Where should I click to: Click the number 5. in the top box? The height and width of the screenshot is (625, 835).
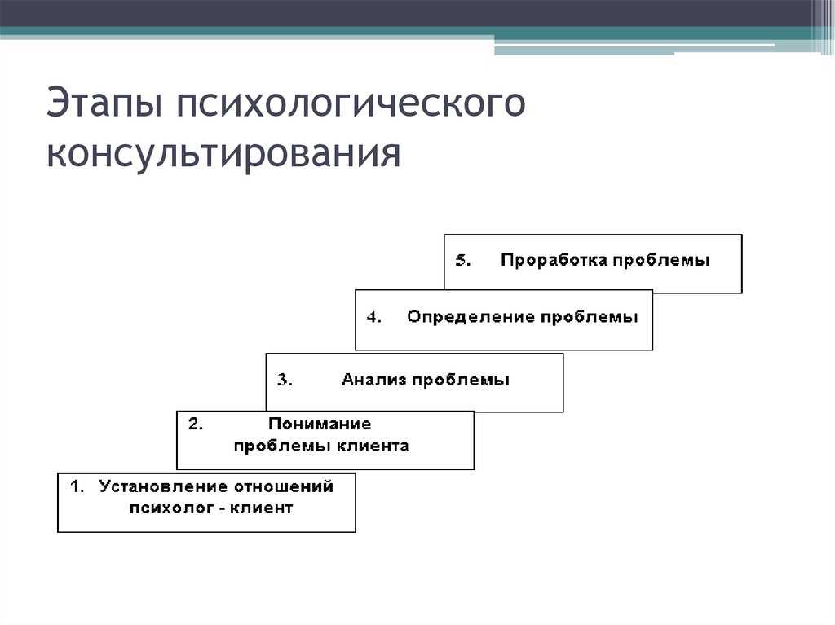pyautogui.click(x=463, y=260)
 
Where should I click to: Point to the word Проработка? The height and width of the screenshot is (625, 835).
pyautogui.click(x=554, y=260)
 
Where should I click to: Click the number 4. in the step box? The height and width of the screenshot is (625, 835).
pyautogui.click(x=373, y=317)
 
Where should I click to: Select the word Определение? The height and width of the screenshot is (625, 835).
pyautogui.click(x=471, y=317)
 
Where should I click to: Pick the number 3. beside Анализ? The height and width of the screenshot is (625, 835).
pyautogui.click(x=285, y=380)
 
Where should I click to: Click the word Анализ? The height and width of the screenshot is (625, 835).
pyautogui.click(x=373, y=380)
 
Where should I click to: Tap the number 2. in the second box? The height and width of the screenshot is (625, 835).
pyautogui.click(x=196, y=424)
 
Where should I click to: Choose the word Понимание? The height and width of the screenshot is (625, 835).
pyautogui.click(x=320, y=424)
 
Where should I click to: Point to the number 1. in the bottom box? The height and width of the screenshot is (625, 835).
pyautogui.click(x=77, y=486)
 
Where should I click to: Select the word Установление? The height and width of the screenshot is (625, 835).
pyautogui.click(x=164, y=486)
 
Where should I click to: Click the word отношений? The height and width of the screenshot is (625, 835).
pyautogui.click(x=284, y=486)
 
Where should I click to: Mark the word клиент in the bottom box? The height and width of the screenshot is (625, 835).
pyautogui.click(x=261, y=508)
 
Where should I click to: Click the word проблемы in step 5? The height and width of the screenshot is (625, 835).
pyautogui.click(x=661, y=261)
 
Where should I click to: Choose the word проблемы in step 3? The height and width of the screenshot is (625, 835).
pyautogui.click(x=461, y=381)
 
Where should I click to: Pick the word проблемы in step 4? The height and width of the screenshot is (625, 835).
pyautogui.click(x=589, y=318)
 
